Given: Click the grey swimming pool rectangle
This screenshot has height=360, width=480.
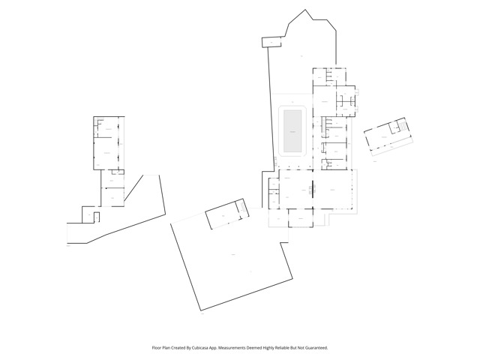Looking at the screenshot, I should coord(292,129).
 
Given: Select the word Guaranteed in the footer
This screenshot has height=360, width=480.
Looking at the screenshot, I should coord(313,348).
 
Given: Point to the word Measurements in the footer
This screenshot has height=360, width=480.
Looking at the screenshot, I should coord(236,348).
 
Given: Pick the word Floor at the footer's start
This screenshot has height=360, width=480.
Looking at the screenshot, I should coord(157,348).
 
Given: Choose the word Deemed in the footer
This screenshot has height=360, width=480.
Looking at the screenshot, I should coord(260,348).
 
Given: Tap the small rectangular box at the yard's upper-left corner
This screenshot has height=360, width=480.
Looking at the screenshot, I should coord(269,41).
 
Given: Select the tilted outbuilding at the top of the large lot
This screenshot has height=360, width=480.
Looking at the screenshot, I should coord(226,214).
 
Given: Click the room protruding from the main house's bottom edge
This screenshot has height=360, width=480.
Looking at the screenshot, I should coord(298,217).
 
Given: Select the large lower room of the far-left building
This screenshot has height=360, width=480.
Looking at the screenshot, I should coord(108,153).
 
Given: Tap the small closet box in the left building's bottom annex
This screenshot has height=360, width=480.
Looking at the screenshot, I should coord(88,214).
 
